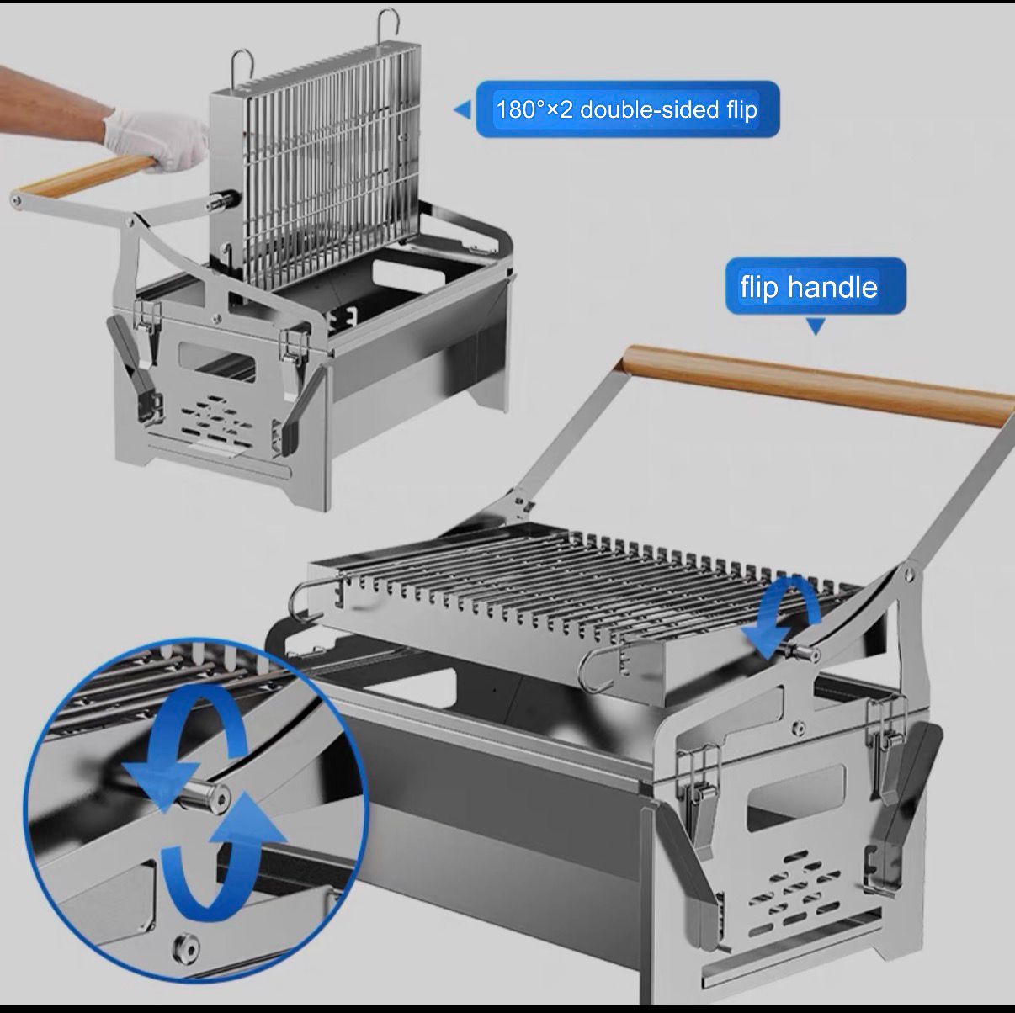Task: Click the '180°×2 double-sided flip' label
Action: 627,109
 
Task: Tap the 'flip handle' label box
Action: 816,286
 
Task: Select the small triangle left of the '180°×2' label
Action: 462,110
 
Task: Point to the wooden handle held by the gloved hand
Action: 84,175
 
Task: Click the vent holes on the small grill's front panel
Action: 217,420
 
